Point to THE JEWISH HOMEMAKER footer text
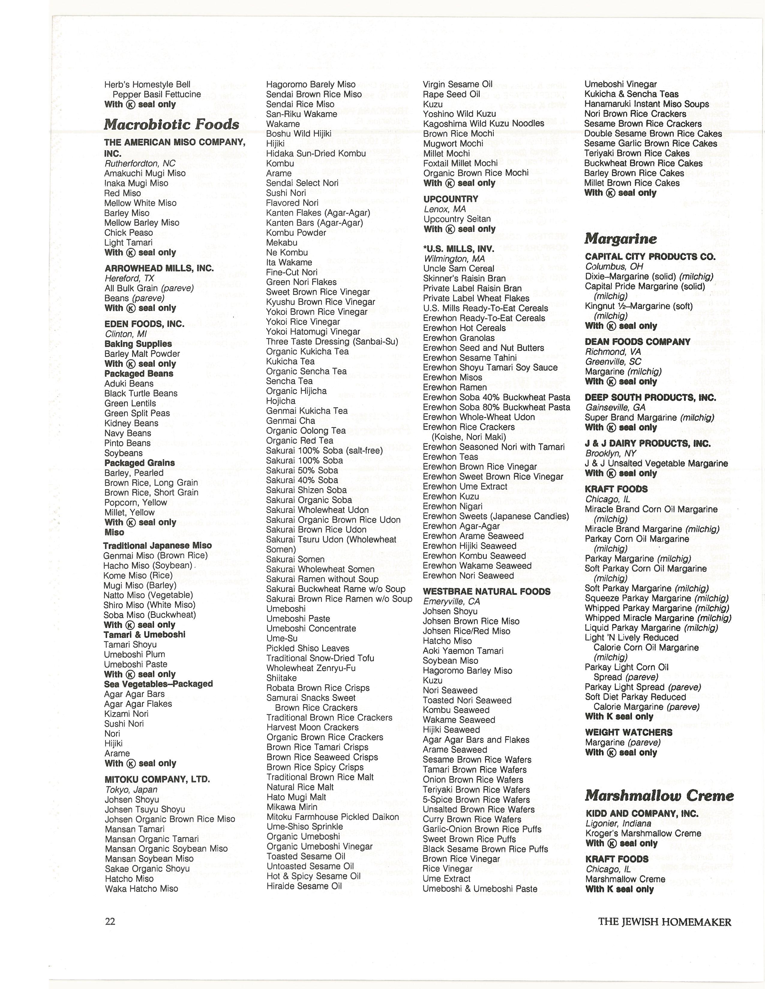pyautogui.click(x=664, y=922)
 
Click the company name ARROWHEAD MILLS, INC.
pyautogui.click(x=159, y=268)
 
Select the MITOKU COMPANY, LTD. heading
pyautogui.click(x=157, y=779)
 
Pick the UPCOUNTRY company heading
pyautogui.click(x=451, y=199)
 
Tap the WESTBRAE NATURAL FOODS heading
pyautogui.click(x=486, y=591)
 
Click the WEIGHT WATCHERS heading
pyautogui.click(x=628, y=732)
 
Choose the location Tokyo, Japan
pyautogui.click(x=131, y=789)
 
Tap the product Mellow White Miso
pyautogui.click(x=140, y=203)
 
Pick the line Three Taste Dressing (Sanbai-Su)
pyautogui.click(x=332, y=341)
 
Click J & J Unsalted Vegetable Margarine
pyautogui.click(x=656, y=463)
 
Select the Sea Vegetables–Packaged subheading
pyautogui.click(x=158, y=684)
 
